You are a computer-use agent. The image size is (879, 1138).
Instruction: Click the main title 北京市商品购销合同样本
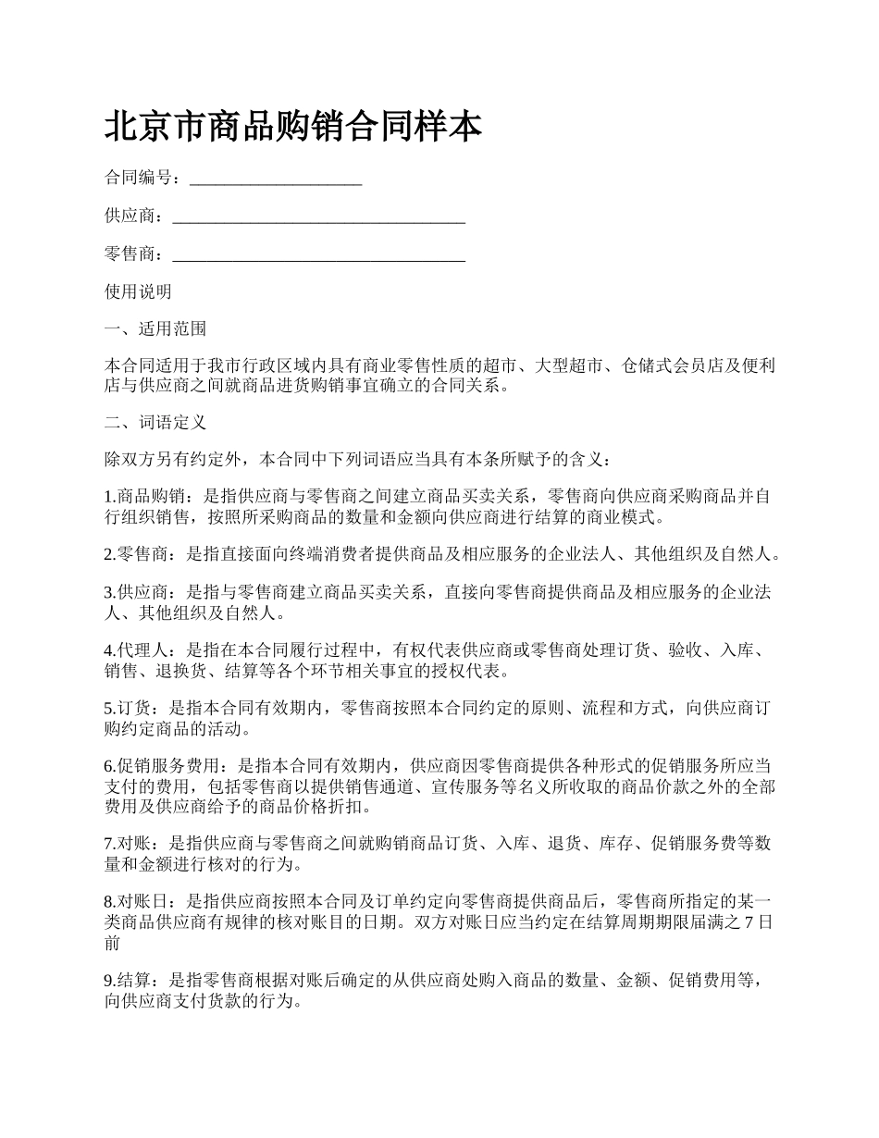293,127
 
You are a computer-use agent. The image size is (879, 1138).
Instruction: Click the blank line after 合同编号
275,179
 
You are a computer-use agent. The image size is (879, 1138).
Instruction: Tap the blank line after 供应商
318,217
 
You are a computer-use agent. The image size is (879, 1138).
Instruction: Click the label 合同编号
138,179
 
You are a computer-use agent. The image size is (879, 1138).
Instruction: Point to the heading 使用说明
138,292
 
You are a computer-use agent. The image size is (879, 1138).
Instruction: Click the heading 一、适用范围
155,329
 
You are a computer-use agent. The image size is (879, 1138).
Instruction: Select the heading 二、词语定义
155,423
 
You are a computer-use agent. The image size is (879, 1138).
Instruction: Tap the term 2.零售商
136,555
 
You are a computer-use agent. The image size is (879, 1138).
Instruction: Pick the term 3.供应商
136,593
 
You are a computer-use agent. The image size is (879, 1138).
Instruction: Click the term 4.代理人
136,650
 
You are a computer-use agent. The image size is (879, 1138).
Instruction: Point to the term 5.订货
128,709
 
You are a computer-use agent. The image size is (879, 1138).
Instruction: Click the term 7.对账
128,843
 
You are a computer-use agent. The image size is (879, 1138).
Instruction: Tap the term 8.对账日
136,900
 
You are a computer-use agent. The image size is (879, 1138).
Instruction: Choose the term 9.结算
128,981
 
